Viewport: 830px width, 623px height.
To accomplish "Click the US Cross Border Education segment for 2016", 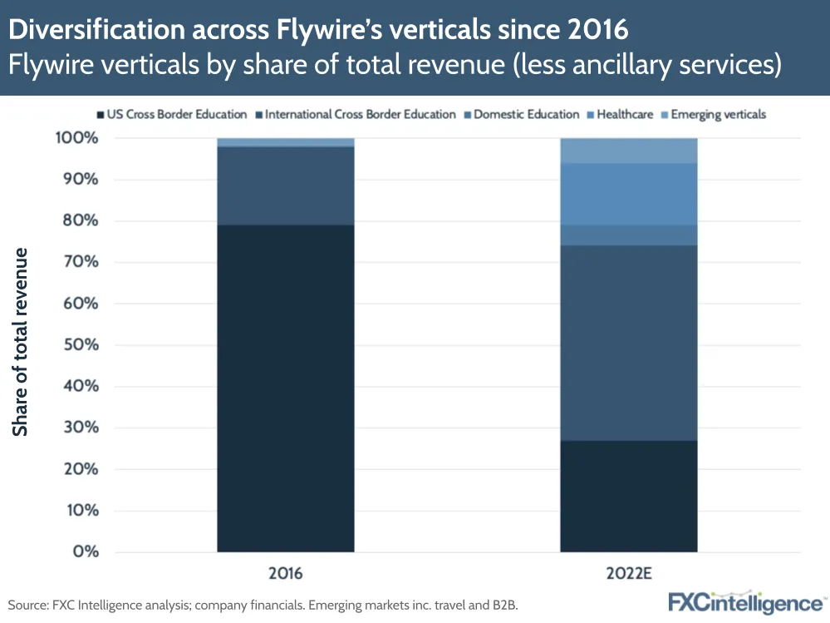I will [286, 388].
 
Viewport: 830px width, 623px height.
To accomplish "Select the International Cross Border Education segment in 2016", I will [286, 185].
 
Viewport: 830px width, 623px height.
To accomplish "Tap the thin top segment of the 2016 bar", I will [286, 142].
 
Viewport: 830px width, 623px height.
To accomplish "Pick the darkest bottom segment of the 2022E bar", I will [628, 496].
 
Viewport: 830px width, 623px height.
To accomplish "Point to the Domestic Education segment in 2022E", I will [628, 235].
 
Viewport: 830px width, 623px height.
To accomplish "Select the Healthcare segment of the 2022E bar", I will [628, 194].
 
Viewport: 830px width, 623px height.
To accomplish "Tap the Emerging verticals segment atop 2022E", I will [628, 151].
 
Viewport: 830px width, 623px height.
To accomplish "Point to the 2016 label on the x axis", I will [286, 574].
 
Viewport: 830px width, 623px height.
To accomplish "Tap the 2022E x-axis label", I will [628, 574].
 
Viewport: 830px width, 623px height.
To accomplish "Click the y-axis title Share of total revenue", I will [21, 341].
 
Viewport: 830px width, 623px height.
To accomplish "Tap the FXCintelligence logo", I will [745, 601].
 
